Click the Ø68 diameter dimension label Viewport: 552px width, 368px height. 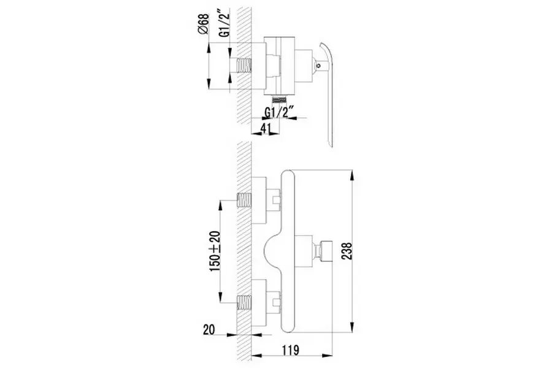[204, 24]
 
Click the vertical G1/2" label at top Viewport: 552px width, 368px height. [224, 23]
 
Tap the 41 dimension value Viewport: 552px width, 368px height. [265, 129]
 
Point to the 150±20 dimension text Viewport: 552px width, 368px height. [215, 251]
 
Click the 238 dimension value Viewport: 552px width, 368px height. [347, 251]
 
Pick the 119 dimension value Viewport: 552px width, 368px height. [291, 350]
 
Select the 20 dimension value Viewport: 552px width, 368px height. [209, 329]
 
